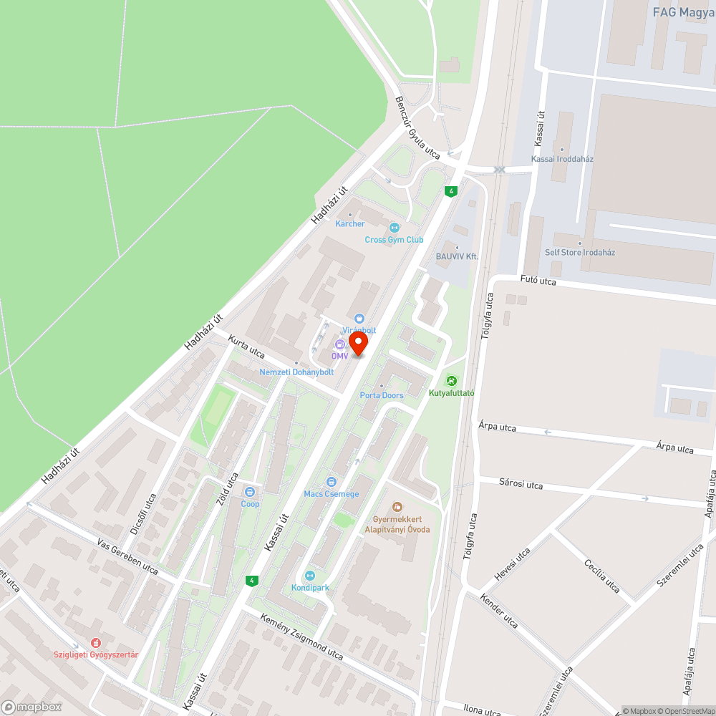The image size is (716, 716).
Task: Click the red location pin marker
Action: click(x=356, y=343)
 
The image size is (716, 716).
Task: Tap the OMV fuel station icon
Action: click(x=339, y=345)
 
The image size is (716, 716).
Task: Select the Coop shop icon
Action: click(x=250, y=492)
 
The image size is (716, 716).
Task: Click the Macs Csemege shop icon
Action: click(x=331, y=482)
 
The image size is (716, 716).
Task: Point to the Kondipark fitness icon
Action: click(x=310, y=576)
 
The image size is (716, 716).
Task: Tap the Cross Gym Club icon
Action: click(x=393, y=228)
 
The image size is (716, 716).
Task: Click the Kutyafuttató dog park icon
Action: click(x=451, y=381)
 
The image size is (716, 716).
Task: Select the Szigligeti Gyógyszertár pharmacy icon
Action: click(x=96, y=643)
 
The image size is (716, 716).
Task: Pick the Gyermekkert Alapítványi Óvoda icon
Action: click(x=397, y=507)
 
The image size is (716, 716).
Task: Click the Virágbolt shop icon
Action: click(x=359, y=319)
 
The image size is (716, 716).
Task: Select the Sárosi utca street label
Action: click(x=521, y=484)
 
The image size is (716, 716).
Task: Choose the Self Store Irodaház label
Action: click(x=580, y=252)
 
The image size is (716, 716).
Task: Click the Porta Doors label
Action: click(x=382, y=395)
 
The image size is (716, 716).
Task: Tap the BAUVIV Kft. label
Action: click(x=457, y=256)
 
